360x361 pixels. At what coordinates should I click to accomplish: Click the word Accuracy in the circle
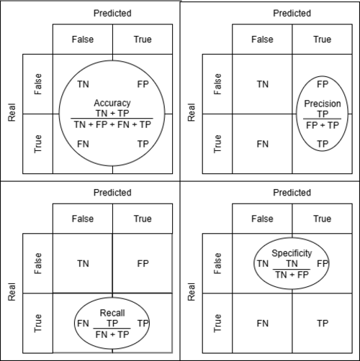pos(112,103)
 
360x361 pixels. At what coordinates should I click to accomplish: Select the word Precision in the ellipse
pos(323,104)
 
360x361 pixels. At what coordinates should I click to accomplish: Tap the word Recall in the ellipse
pos(112,313)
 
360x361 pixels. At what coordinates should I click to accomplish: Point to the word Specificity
pos(292,253)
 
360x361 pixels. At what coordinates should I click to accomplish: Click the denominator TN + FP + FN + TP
pos(112,124)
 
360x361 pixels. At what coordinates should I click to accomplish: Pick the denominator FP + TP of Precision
pos(323,125)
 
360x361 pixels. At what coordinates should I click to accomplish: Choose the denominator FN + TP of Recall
pos(112,334)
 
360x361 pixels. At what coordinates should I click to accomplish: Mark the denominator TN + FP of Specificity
pos(292,275)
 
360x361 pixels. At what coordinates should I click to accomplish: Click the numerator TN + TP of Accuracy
pos(112,113)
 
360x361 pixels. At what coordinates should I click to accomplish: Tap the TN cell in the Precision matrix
pos(263,84)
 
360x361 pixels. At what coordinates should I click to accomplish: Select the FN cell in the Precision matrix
pos(263,144)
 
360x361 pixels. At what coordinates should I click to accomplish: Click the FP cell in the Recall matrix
pos(143,264)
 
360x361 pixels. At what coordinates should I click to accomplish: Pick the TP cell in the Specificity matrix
pos(323,324)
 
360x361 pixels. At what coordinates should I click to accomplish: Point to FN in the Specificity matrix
pos(263,324)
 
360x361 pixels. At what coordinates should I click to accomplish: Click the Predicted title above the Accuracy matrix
pos(112,13)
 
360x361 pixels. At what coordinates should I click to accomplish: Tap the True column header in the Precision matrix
pos(323,40)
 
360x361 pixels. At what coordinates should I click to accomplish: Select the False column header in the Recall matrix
pos(83,219)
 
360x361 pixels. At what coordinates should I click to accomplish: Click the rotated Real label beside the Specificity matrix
pos(192,292)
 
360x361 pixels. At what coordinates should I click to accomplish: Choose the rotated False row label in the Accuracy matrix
pos(38,84)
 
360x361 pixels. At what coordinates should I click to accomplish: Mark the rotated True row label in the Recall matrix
pos(38,324)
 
